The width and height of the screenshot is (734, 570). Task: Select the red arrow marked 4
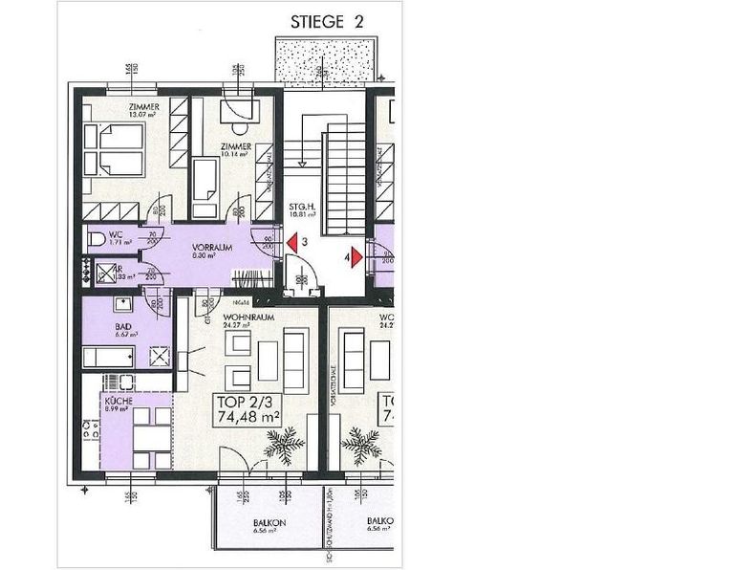[356, 256]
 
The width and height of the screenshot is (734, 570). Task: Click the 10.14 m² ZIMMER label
[235, 150]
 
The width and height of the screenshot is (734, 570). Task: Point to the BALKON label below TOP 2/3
[266, 525]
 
